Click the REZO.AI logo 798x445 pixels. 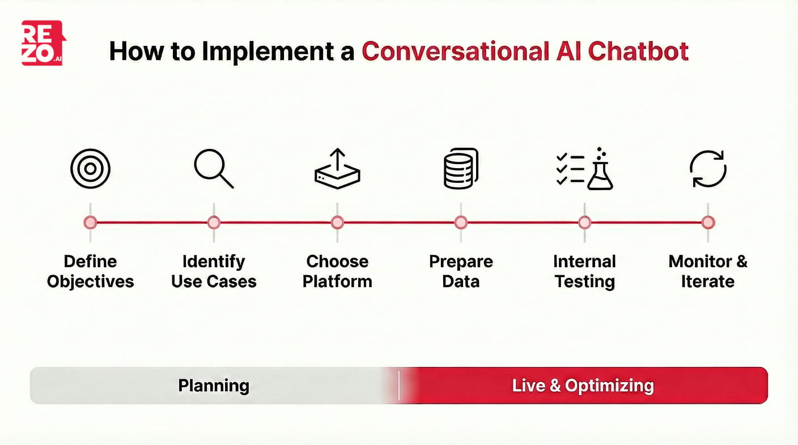click(43, 43)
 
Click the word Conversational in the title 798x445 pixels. click(453, 51)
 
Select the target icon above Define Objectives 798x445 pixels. click(90, 169)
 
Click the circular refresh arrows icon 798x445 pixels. click(708, 169)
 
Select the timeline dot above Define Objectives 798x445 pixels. click(90, 222)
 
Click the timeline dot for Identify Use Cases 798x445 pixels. click(214, 222)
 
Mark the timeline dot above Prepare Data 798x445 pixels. click(461, 222)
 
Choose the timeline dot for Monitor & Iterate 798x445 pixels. click(708, 222)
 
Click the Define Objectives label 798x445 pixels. click(90, 271)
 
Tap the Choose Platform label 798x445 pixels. click(337, 271)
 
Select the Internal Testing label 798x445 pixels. click(584, 271)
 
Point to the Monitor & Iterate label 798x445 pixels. click(708, 271)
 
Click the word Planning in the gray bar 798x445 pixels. click(214, 386)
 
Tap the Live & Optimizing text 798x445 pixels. click(583, 386)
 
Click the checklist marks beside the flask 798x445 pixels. click(569, 169)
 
